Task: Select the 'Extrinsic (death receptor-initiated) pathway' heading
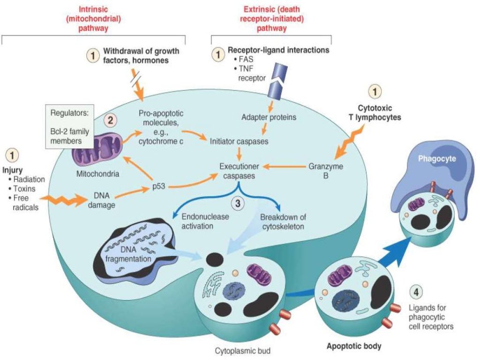(x=271, y=18)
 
